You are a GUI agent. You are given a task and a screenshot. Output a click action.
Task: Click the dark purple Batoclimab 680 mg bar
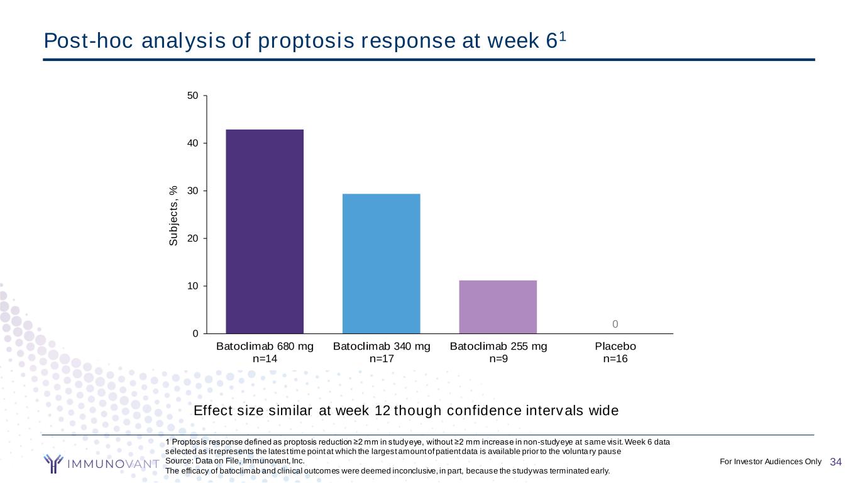click(265, 231)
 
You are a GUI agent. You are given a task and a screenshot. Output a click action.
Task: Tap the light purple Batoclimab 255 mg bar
click(498, 306)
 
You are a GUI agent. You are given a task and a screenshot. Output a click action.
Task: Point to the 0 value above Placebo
click(615, 324)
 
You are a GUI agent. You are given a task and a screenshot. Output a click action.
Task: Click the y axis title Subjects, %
click(174, 215)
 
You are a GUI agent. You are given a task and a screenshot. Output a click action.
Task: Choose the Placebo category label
click(615, 347)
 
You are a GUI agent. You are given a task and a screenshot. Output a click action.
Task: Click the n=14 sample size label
click(265, 359)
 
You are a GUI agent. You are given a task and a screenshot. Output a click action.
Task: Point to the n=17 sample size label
click(382, 359)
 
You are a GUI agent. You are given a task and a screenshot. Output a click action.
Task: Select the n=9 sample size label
click(498, 359)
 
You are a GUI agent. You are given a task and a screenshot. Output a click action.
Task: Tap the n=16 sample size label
click(615, 359)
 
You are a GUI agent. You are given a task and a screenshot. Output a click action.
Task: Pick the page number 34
click(836, 462)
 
